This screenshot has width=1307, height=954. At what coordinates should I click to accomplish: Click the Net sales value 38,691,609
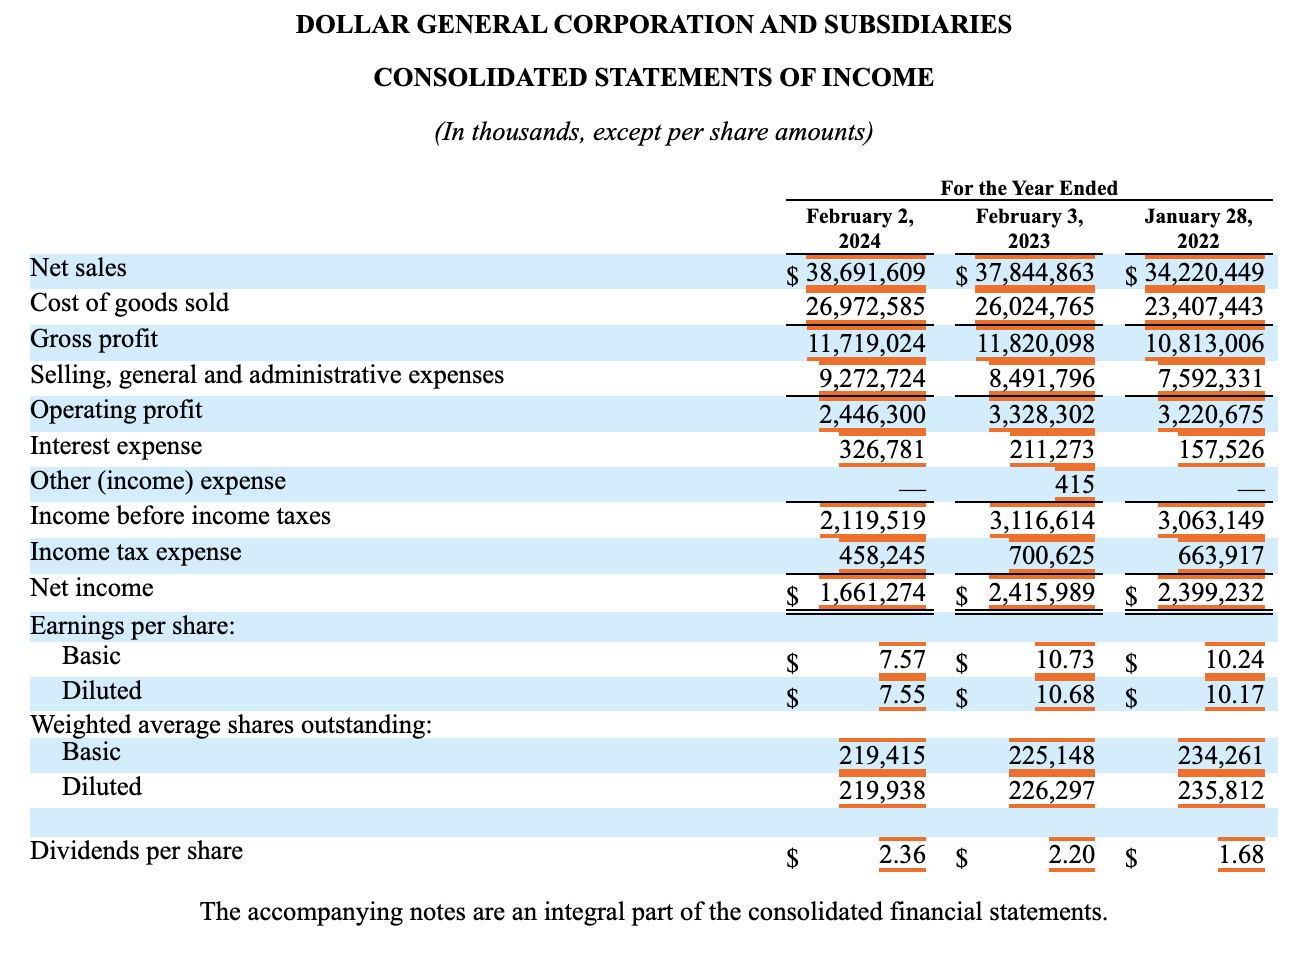coord(865,272)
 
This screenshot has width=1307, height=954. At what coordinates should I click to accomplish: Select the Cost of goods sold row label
coord(130,303)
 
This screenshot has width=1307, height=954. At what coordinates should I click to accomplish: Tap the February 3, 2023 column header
coord(1029,228)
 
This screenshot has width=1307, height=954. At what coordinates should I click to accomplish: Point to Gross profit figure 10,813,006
coord(1204,343)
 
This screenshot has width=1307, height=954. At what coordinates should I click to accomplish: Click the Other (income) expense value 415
coord(1074,484)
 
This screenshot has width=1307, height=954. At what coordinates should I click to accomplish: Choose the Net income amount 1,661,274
coord(872,592)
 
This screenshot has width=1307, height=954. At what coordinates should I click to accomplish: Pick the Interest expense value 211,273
coord(1052,449)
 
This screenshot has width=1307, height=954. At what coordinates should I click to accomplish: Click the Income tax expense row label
coord(135,552)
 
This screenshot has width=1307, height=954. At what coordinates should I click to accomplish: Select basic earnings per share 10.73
coord(1065,659)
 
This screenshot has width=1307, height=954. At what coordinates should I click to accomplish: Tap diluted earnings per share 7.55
coord(902,694)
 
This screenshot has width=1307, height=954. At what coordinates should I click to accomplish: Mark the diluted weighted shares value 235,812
coord(1221,791)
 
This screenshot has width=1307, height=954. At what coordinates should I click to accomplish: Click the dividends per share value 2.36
coord(902,855)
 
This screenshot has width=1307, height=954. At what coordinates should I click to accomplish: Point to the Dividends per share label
coord(136,851)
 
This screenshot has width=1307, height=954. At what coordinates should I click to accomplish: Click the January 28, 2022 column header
coord(1198,228)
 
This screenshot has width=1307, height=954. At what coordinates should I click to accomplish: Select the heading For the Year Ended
coord(1029,188)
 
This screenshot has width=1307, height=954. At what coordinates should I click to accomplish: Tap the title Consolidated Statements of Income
coord(654,78)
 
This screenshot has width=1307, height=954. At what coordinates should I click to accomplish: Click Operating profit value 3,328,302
coord(1042,414)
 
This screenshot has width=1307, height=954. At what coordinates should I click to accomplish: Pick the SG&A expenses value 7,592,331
coord(1211,379)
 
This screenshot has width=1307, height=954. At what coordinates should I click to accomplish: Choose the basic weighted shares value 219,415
coord(882,755)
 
